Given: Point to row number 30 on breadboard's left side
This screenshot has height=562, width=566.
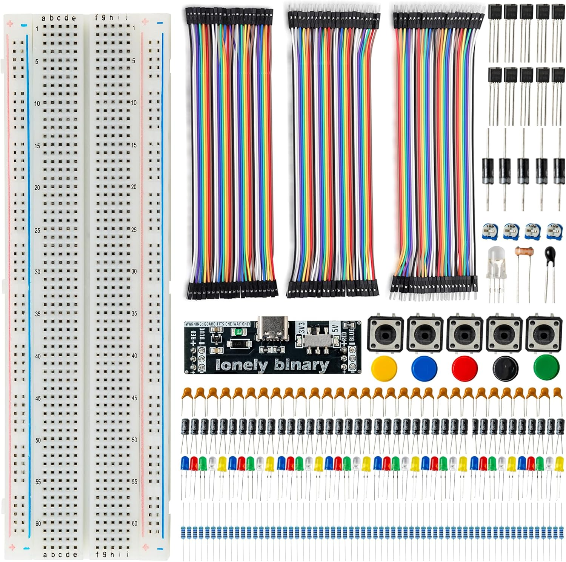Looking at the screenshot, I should (x=37, y=272).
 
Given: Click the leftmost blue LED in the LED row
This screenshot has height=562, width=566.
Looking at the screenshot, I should (x=185, y=462).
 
